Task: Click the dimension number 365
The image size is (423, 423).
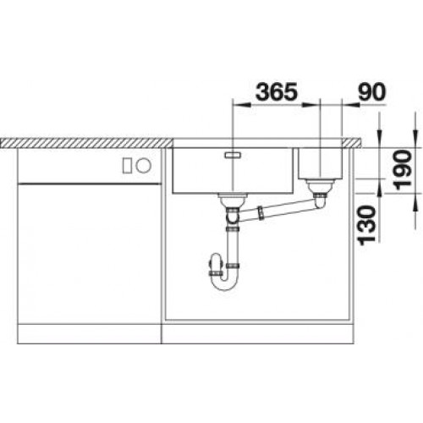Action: click(x=277, y=91)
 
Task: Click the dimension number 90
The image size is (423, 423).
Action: click(x=371, y=91)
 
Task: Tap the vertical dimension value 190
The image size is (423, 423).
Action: click(x=403, y=169)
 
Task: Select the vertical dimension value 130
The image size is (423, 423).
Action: click(x=366, y=225)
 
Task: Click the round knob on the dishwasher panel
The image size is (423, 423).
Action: click(x=143, y=165)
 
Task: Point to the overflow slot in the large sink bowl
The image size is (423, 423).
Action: click(x=233, y=155)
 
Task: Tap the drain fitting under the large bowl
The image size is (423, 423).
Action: click(x=233, y=201)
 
